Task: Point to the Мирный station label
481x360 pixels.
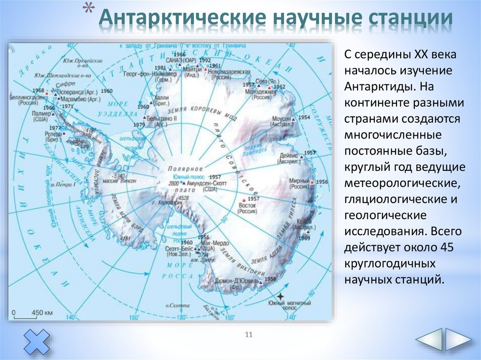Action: [x=297, y=179]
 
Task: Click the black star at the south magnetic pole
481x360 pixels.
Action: [x=280, y=297]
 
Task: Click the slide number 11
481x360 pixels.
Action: [x=249, y=334]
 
